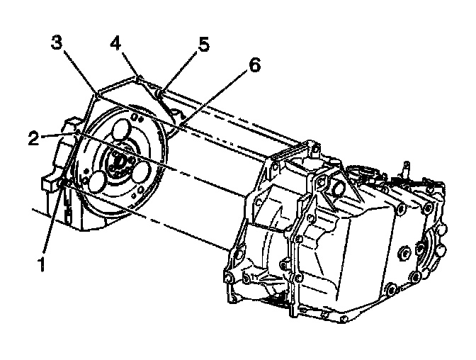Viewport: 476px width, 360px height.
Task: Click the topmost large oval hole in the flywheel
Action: tap(119, 133)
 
